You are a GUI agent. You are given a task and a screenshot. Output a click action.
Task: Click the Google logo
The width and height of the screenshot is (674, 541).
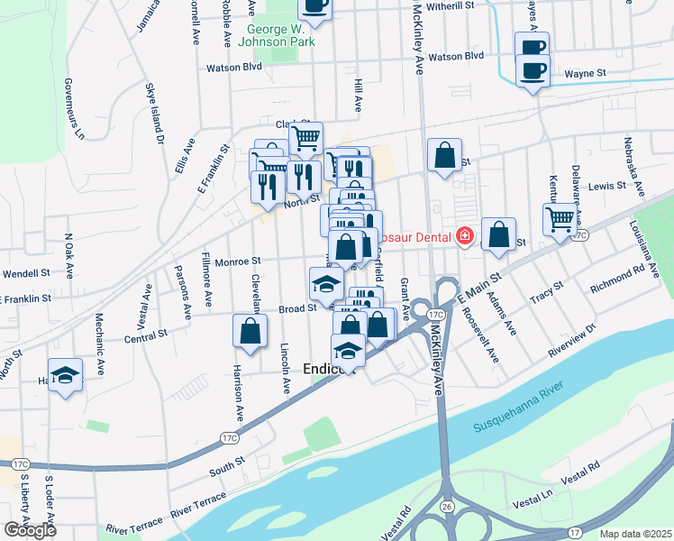pyautogui.click(x=30, y=529)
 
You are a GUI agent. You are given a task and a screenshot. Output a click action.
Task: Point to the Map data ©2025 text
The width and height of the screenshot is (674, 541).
pyautogui.click(x=635, y=534)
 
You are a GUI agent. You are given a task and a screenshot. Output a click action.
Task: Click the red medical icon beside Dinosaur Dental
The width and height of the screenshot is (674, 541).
pyautogui.click(x=464, y=236)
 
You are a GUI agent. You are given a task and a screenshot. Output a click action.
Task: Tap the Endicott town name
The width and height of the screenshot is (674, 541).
pyautogui.click(x=328, y=369)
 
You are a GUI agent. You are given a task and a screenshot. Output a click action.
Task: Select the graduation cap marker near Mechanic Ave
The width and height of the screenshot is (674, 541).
pyautogui.click(x=66, y=374)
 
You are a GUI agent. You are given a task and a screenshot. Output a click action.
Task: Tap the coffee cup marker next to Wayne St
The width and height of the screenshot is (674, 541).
pyautogui.click(x=533, y=70)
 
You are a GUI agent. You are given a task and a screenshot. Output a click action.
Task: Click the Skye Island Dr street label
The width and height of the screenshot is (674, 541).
pyautogui.click(x=155, y=114)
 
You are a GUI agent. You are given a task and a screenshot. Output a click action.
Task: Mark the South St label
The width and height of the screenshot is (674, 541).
pyautogui.click(x=227, y=468)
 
